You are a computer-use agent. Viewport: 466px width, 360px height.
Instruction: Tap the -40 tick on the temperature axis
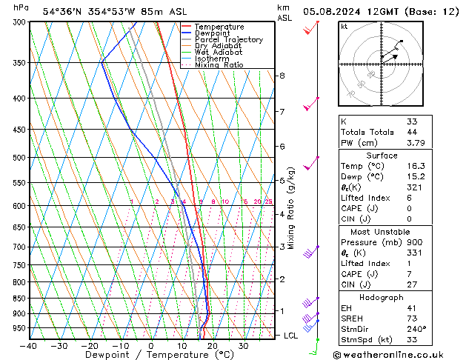click(x=30, y=346)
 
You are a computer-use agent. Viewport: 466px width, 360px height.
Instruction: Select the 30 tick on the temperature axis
click(x=243, y=346)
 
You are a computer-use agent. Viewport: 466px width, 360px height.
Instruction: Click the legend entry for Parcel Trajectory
click(x=228, y=40)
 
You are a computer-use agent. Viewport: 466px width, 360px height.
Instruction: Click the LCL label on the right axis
click(x=292, y=336)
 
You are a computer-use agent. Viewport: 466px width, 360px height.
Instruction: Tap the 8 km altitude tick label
click(x=282, y=76)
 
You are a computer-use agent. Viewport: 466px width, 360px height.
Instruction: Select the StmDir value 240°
click(x=416, y=329)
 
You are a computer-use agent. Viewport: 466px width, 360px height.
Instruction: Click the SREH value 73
click(x=412, y=318)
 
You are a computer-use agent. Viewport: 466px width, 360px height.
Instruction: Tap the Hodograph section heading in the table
click(x=382, y=297)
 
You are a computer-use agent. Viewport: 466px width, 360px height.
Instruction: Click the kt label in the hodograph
click(x=344, y=27)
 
